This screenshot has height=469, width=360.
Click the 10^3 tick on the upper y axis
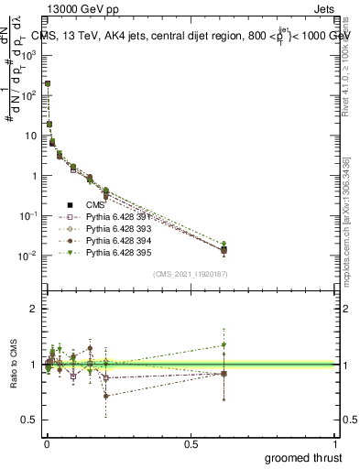27,55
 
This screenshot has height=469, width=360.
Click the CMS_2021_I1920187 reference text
191,273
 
